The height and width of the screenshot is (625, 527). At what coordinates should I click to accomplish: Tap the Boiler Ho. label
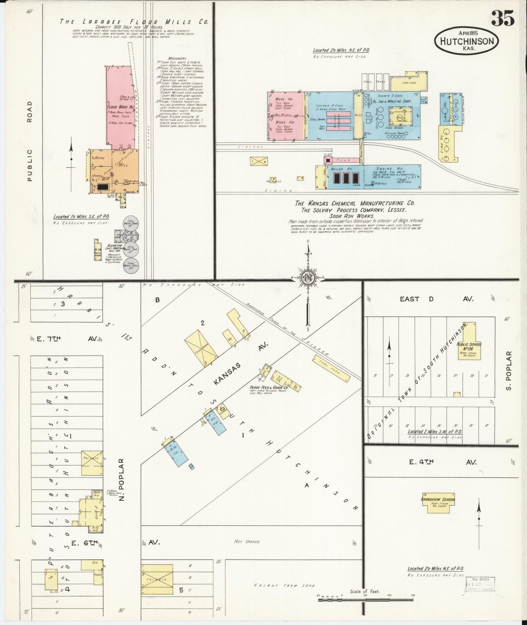tap(341, 169)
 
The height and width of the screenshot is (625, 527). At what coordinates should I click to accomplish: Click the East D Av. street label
tap(436, 299)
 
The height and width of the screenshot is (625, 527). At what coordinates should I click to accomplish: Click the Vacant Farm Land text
tap(284, 586)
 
